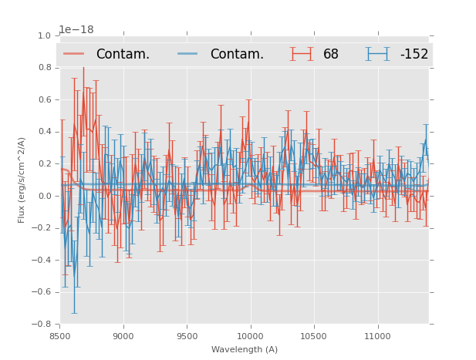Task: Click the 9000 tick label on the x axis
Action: [123, 336]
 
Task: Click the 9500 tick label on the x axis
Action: [187, 336]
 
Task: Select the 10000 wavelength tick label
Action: [250, 336]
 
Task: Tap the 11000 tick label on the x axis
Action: [377, 336]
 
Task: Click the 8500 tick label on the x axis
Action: [60, 336]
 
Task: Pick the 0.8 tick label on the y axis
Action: [43, 68]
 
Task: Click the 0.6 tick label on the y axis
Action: [43, 100]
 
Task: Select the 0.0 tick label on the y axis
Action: [43, 196]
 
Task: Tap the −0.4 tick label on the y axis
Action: [41, 260]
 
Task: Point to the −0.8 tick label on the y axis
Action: [41, 324]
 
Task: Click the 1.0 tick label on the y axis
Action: [43, 36]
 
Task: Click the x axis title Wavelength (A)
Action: [245, 350]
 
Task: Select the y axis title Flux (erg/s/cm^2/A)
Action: [22, 180]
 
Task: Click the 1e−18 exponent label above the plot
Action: [76, 30]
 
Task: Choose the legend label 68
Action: [331, 55]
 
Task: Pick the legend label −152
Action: [414, 55]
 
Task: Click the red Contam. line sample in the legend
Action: [75, 54]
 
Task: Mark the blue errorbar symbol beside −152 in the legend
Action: [378, 54]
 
